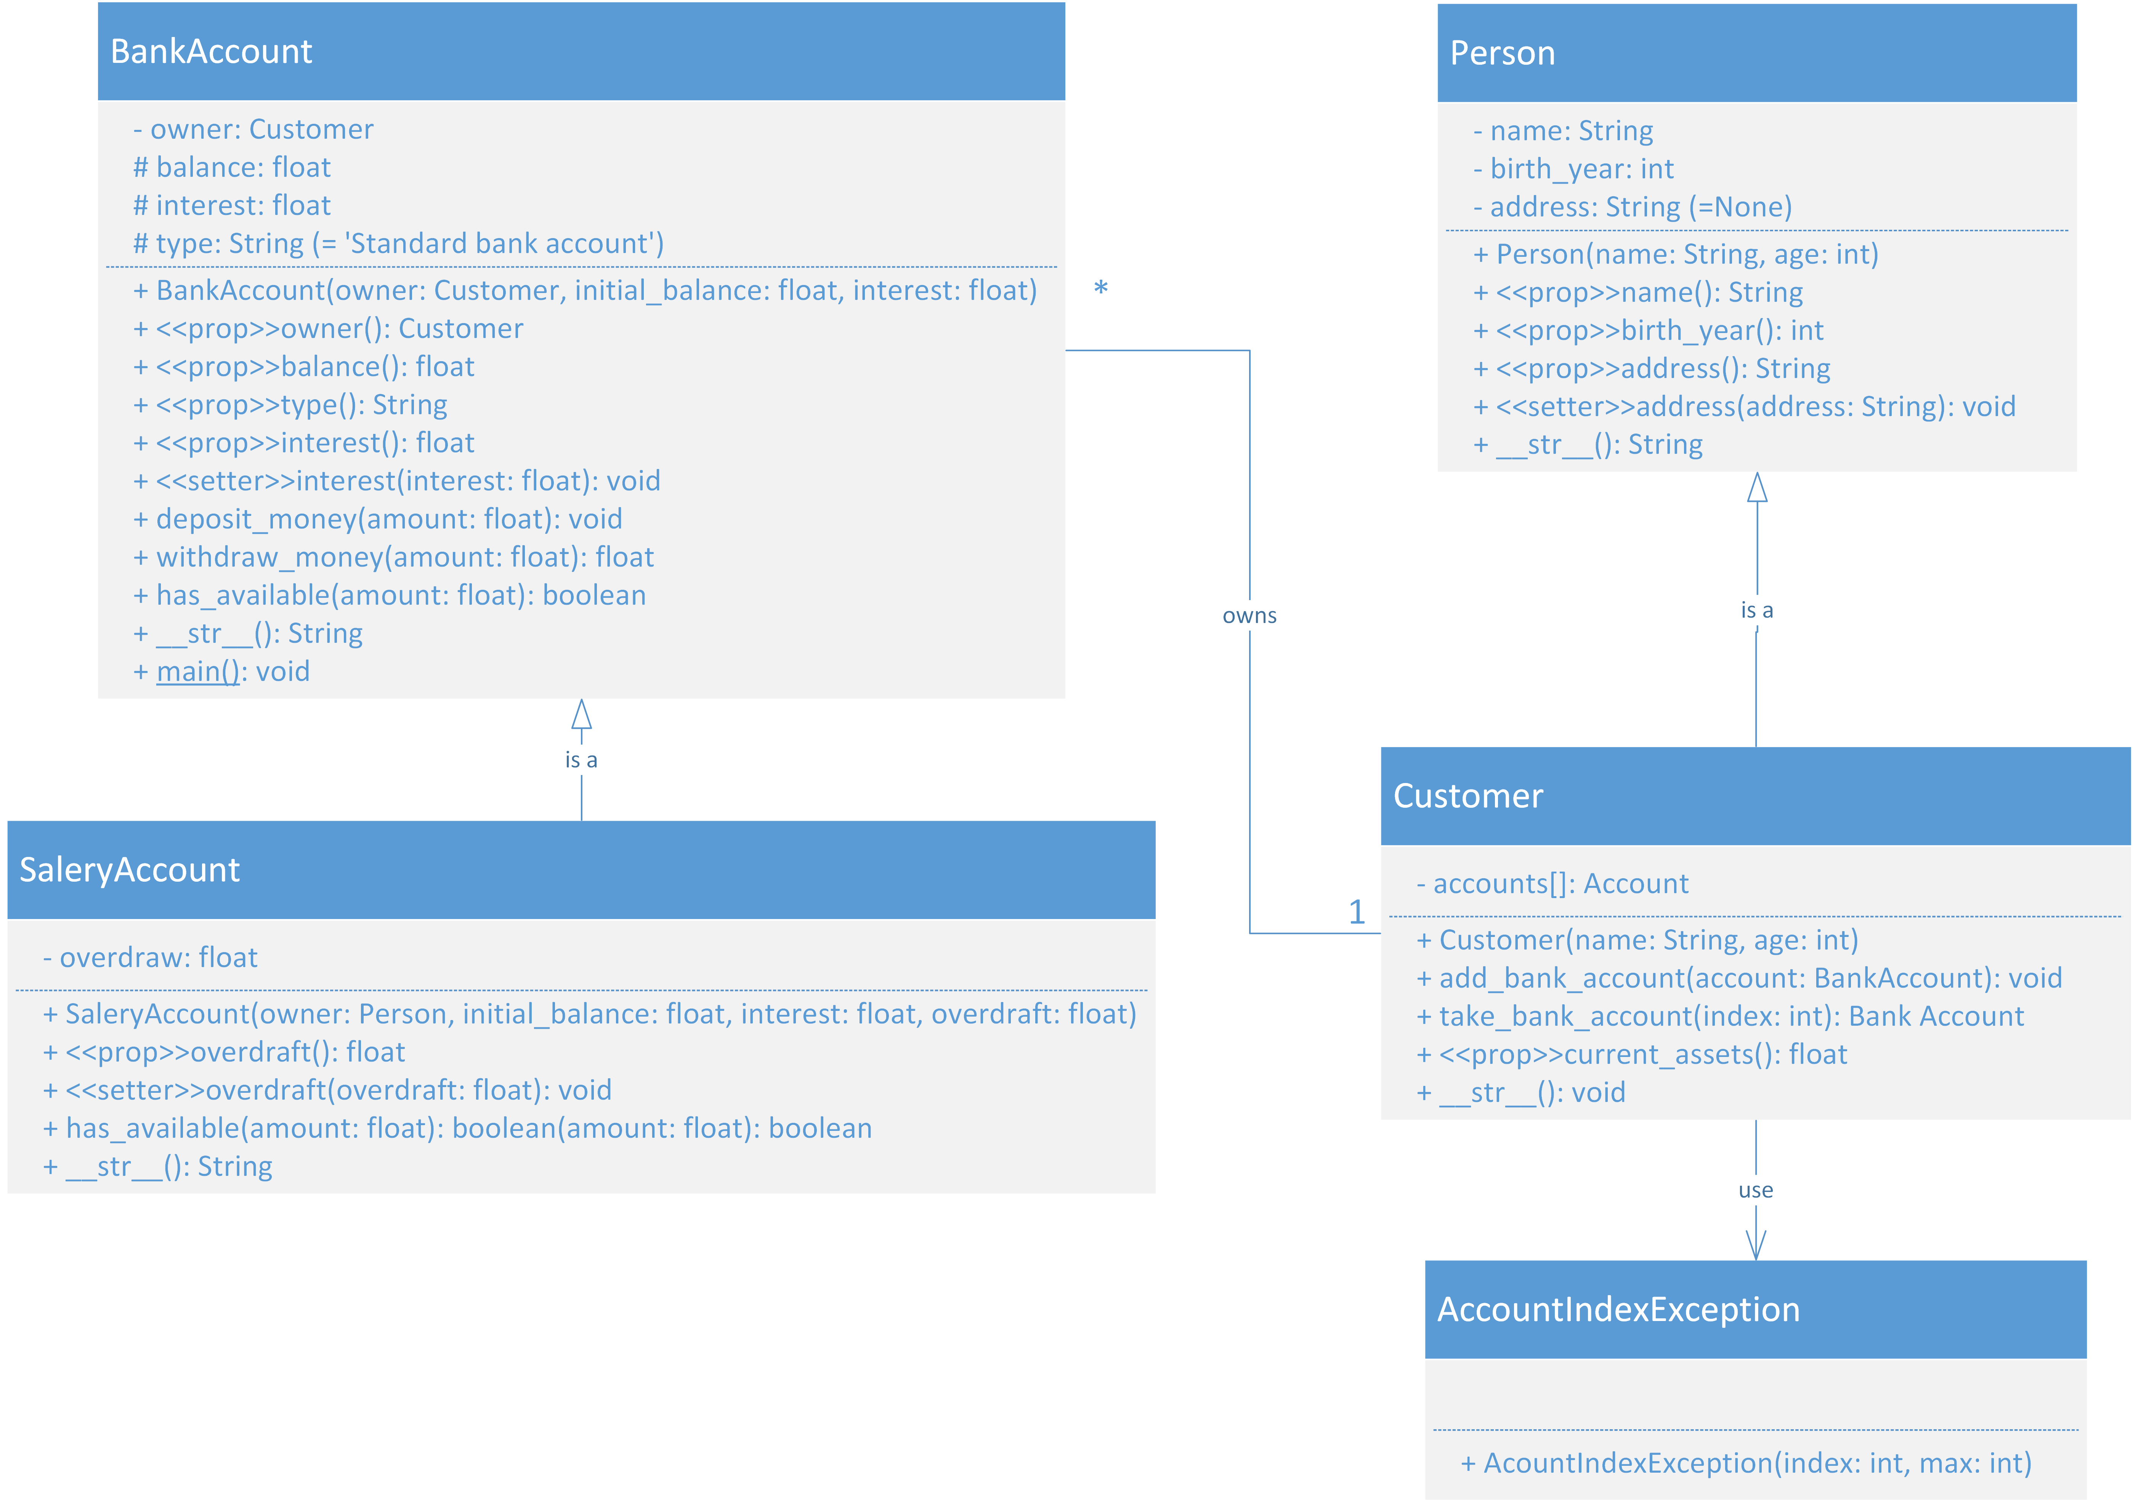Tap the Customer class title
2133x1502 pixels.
pos(1468,796)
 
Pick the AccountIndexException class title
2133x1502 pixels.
pos(1618,1310)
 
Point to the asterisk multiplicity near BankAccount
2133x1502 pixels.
pos(1101,287)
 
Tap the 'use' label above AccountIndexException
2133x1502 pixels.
pos(1756,1190)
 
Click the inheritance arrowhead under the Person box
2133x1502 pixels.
pos(1757,488)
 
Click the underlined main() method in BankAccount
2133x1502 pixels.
pos(198,672)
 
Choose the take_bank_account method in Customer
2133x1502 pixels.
pos(1719,1016)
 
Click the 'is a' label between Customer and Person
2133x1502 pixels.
pos(1757,610)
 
